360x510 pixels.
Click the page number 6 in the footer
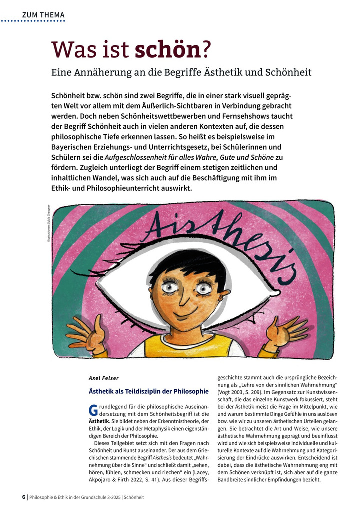(x=24, y=497)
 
